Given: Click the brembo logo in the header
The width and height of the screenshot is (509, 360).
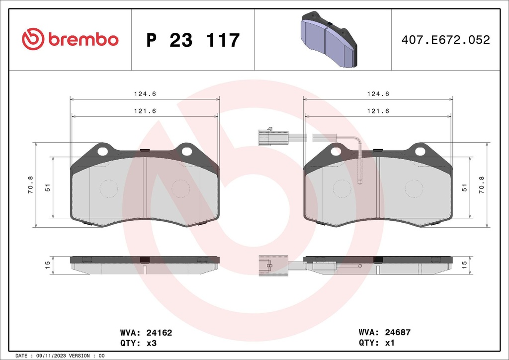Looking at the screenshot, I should point(70,39).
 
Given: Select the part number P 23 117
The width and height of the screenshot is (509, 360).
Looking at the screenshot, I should point(193,40).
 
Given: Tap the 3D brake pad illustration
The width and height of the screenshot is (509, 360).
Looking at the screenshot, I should point(329,40).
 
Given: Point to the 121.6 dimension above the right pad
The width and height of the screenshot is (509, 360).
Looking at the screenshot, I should point(378,111).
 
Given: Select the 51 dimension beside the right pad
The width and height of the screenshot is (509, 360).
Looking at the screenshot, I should point(465,187).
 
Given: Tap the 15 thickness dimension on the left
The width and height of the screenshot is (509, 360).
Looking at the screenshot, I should point(48,265).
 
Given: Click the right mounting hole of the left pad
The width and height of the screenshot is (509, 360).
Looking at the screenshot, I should point(186,151).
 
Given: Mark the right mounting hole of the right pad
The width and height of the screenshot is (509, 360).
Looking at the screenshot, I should point(420,151).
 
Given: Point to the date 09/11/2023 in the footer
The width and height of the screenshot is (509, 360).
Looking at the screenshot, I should point(51,356).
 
